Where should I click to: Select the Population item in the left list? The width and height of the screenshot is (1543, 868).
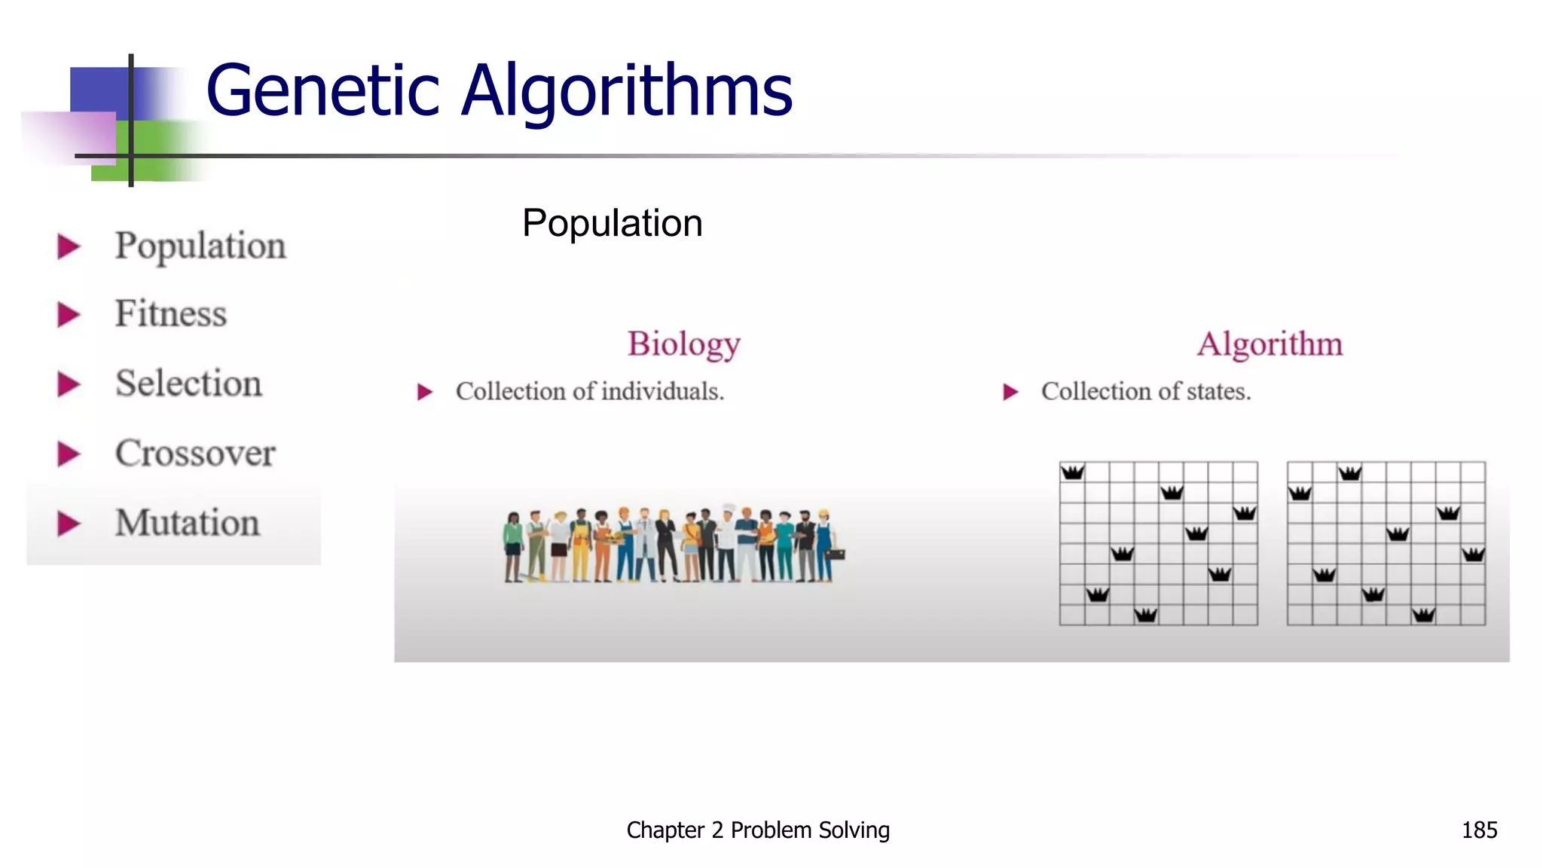click(x=200, y=246)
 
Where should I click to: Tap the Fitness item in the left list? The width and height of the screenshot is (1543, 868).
click(x=171, y=313)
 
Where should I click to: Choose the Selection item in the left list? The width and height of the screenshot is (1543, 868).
click(x=189, y=384)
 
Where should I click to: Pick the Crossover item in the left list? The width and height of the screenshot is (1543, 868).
click(x=196, y=453)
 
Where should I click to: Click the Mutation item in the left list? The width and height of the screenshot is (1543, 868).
click(x=188, y=523)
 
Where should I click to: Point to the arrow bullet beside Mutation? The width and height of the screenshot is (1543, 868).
click(x=69, y=524)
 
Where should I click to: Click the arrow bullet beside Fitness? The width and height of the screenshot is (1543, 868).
click(x=69, y=314)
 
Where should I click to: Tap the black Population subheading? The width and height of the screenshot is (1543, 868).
click(x=612, y=224)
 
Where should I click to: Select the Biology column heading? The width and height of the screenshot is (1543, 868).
click(x=684, y=344)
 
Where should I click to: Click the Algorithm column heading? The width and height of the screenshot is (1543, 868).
click(x=1270, y=344)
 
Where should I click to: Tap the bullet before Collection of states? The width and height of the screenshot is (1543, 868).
click(x=1010, y=392)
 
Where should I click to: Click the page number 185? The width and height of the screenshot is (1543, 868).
click(x=1479, y=830)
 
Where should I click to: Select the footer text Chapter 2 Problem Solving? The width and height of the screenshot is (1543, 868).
click(x=758, y=830)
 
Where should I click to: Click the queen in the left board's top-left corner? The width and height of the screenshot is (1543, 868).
click(x=1072, y=472)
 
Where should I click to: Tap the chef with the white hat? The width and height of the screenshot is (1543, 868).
click(x=727, y=539)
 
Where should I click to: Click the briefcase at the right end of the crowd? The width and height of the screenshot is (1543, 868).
click(x=836, y=555)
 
